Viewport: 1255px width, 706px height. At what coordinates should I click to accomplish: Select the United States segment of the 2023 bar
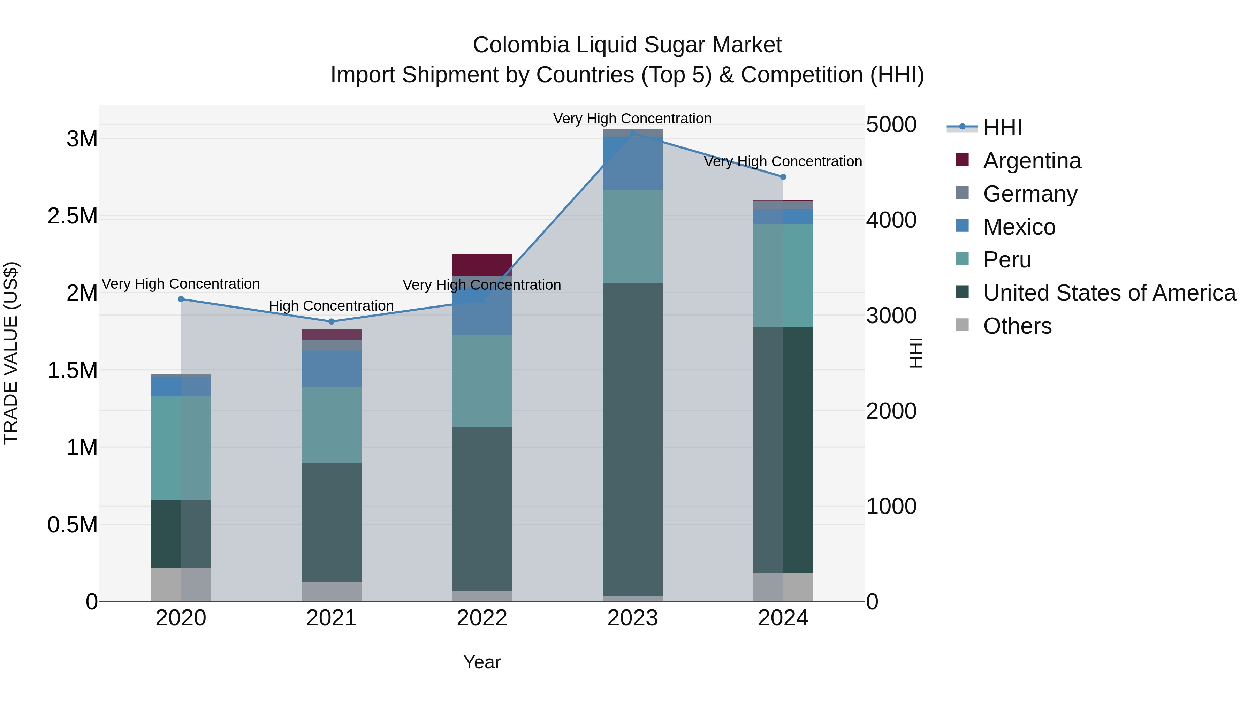[x=632, y=439]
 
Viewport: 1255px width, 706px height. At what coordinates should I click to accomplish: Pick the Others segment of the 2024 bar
[x=783, y=587]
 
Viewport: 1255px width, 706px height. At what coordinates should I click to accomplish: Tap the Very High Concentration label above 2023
[x=632, y=119]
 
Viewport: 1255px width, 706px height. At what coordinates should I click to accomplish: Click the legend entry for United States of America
[x=1109, y=293]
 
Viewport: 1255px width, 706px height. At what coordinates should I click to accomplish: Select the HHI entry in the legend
[x=1002, y=128]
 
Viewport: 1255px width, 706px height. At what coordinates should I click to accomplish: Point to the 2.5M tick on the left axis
[x=73, y=216]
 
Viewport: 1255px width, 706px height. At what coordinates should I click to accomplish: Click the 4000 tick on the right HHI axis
[x=891, y=220]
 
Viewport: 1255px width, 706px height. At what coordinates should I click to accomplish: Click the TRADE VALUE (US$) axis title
[x=11, y=353]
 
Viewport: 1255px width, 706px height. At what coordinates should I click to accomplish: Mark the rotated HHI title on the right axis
[x=916, y=353]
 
